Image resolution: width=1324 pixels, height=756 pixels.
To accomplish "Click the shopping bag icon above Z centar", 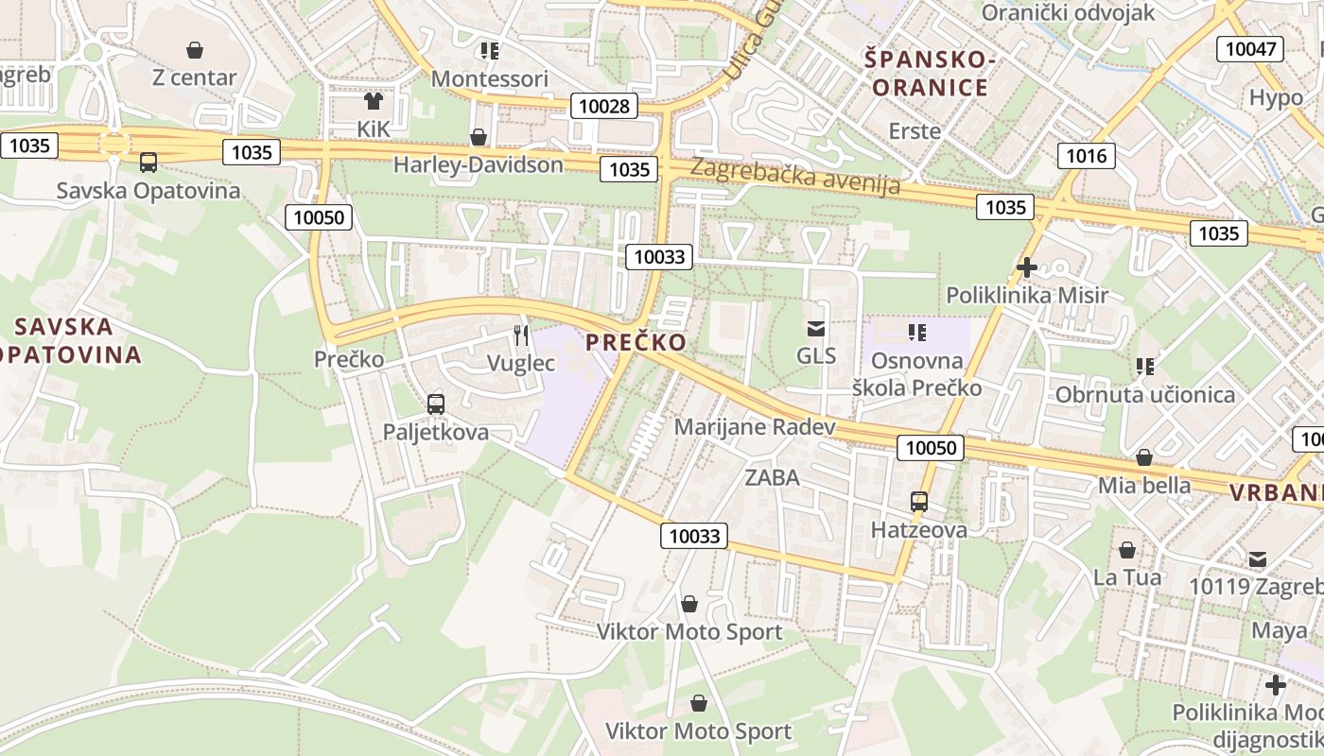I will [195, 49].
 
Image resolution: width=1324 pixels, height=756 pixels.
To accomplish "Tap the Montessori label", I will [489, 78].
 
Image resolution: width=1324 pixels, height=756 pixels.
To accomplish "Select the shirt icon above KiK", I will [374, 100].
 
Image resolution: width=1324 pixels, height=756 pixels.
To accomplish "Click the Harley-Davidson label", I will [478, 164].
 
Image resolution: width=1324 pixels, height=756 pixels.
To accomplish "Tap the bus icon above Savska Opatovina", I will [148, 163].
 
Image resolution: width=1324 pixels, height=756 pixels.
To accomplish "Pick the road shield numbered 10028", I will [603, 106].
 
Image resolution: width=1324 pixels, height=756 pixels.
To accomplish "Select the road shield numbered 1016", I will [1086, 156].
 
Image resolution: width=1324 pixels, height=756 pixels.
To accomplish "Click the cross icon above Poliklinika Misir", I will [1026, 267].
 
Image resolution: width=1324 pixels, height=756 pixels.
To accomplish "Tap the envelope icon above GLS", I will [815, 329].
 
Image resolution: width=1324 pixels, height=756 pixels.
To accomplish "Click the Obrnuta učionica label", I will [1144, 394].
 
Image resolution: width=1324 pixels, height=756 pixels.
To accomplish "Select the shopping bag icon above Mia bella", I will [1144, 457].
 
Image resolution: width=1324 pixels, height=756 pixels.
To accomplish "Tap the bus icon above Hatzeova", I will [918, 502].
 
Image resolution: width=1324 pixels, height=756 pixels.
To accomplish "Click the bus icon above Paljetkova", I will [435, 404].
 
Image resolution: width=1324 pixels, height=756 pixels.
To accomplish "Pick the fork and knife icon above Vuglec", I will [520, 335].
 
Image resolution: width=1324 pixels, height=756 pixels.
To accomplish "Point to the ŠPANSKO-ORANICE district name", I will [930, 74].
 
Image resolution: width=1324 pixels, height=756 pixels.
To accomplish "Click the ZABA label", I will [772, 477].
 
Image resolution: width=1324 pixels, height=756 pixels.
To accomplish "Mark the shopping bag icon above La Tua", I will [1127, 549].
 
